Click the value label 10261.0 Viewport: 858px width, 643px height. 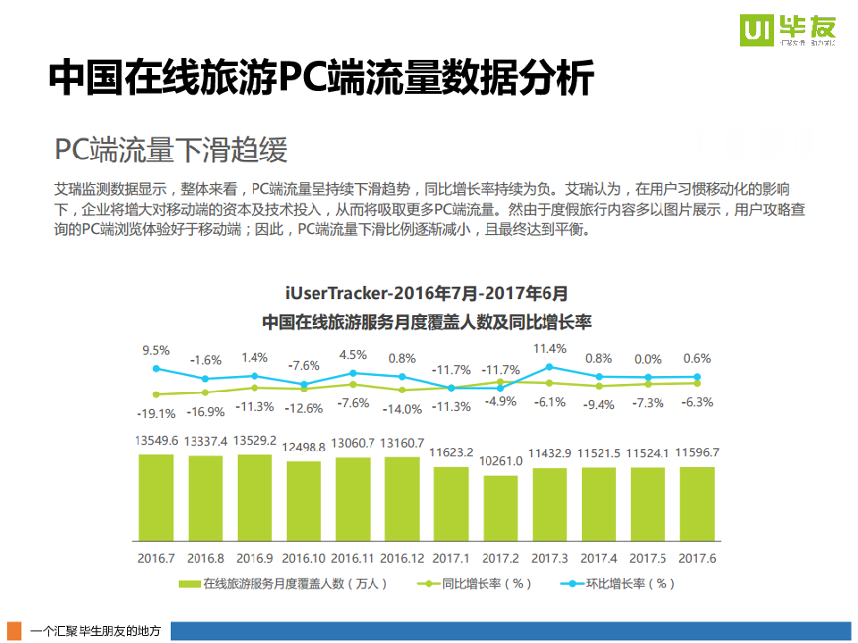pos(500,461)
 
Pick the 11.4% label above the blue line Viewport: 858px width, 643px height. pos(550,348)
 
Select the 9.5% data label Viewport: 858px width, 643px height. pos(156,350)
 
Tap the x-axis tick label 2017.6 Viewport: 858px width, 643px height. pos(697,558)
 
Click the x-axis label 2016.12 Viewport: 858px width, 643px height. pos(402,558)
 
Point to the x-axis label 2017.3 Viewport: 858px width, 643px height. pos(550,558)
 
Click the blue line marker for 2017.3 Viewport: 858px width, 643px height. pos(550,366)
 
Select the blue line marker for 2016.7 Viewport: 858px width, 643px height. pos(156,368)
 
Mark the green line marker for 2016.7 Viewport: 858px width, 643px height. pos(156,394)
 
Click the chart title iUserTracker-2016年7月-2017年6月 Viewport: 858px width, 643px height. pos(426,293)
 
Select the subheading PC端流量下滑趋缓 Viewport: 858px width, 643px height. pos(171,150)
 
